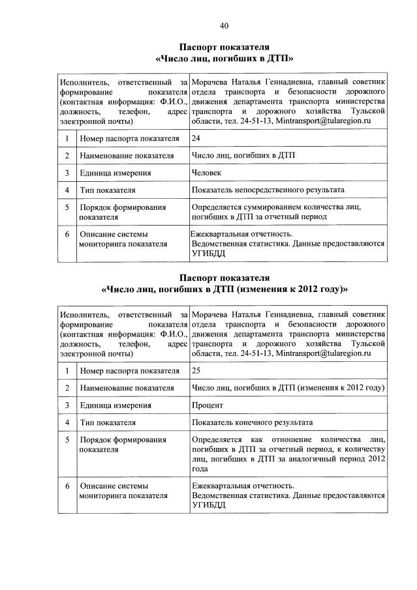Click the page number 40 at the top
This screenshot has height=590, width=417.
(224, 26)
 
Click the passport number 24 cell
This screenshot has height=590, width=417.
(196, 138)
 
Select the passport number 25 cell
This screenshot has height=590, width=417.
(196, 370)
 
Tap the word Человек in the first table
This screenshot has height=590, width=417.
(207, 173)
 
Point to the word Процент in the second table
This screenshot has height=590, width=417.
(208, 405)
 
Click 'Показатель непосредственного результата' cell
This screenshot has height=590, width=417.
(268, 190)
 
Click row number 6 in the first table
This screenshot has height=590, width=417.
(67, 233)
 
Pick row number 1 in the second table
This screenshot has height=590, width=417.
(67, 371)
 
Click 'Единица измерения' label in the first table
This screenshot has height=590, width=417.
(116, 173)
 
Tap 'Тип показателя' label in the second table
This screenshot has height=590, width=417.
(108, 422)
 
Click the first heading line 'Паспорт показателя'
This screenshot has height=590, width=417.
(223, 47)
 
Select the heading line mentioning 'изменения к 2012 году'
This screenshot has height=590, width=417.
(224, 288)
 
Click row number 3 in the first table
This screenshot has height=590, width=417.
(67, 173)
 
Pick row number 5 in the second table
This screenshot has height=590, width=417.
(67, 440)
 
